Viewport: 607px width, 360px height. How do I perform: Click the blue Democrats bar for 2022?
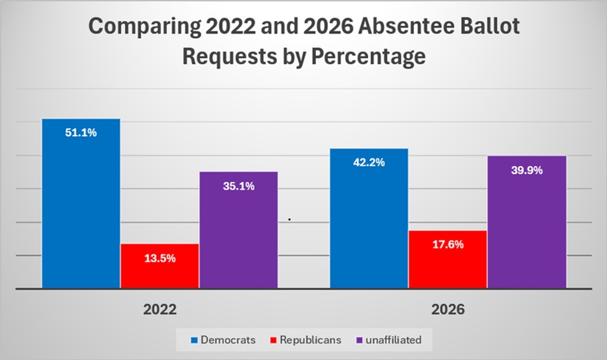81,203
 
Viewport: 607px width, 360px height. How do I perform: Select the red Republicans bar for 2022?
160,266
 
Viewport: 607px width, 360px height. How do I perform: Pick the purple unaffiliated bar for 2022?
239,230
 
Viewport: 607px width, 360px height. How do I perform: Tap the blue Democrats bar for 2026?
369,218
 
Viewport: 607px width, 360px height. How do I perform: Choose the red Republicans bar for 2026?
448,259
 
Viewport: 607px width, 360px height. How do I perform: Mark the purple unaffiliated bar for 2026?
527,222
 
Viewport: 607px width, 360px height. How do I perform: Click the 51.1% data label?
81,133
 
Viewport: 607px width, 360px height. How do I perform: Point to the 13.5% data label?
160,258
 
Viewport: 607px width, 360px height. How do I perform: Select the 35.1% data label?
239,186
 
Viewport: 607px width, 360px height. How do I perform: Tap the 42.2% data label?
369,162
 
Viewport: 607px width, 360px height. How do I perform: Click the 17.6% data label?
448,244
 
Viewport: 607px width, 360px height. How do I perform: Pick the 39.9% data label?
527,170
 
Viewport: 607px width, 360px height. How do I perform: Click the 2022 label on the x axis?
160,309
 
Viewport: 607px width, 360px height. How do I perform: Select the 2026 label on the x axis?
448,309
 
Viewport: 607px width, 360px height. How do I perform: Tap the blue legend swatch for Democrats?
194,340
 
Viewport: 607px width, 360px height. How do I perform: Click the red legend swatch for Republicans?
273,340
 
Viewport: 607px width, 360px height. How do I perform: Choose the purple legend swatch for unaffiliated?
359,340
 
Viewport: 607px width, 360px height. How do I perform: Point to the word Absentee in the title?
406,26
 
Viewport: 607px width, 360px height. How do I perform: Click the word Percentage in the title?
369,57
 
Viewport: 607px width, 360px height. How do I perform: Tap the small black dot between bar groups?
289,219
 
